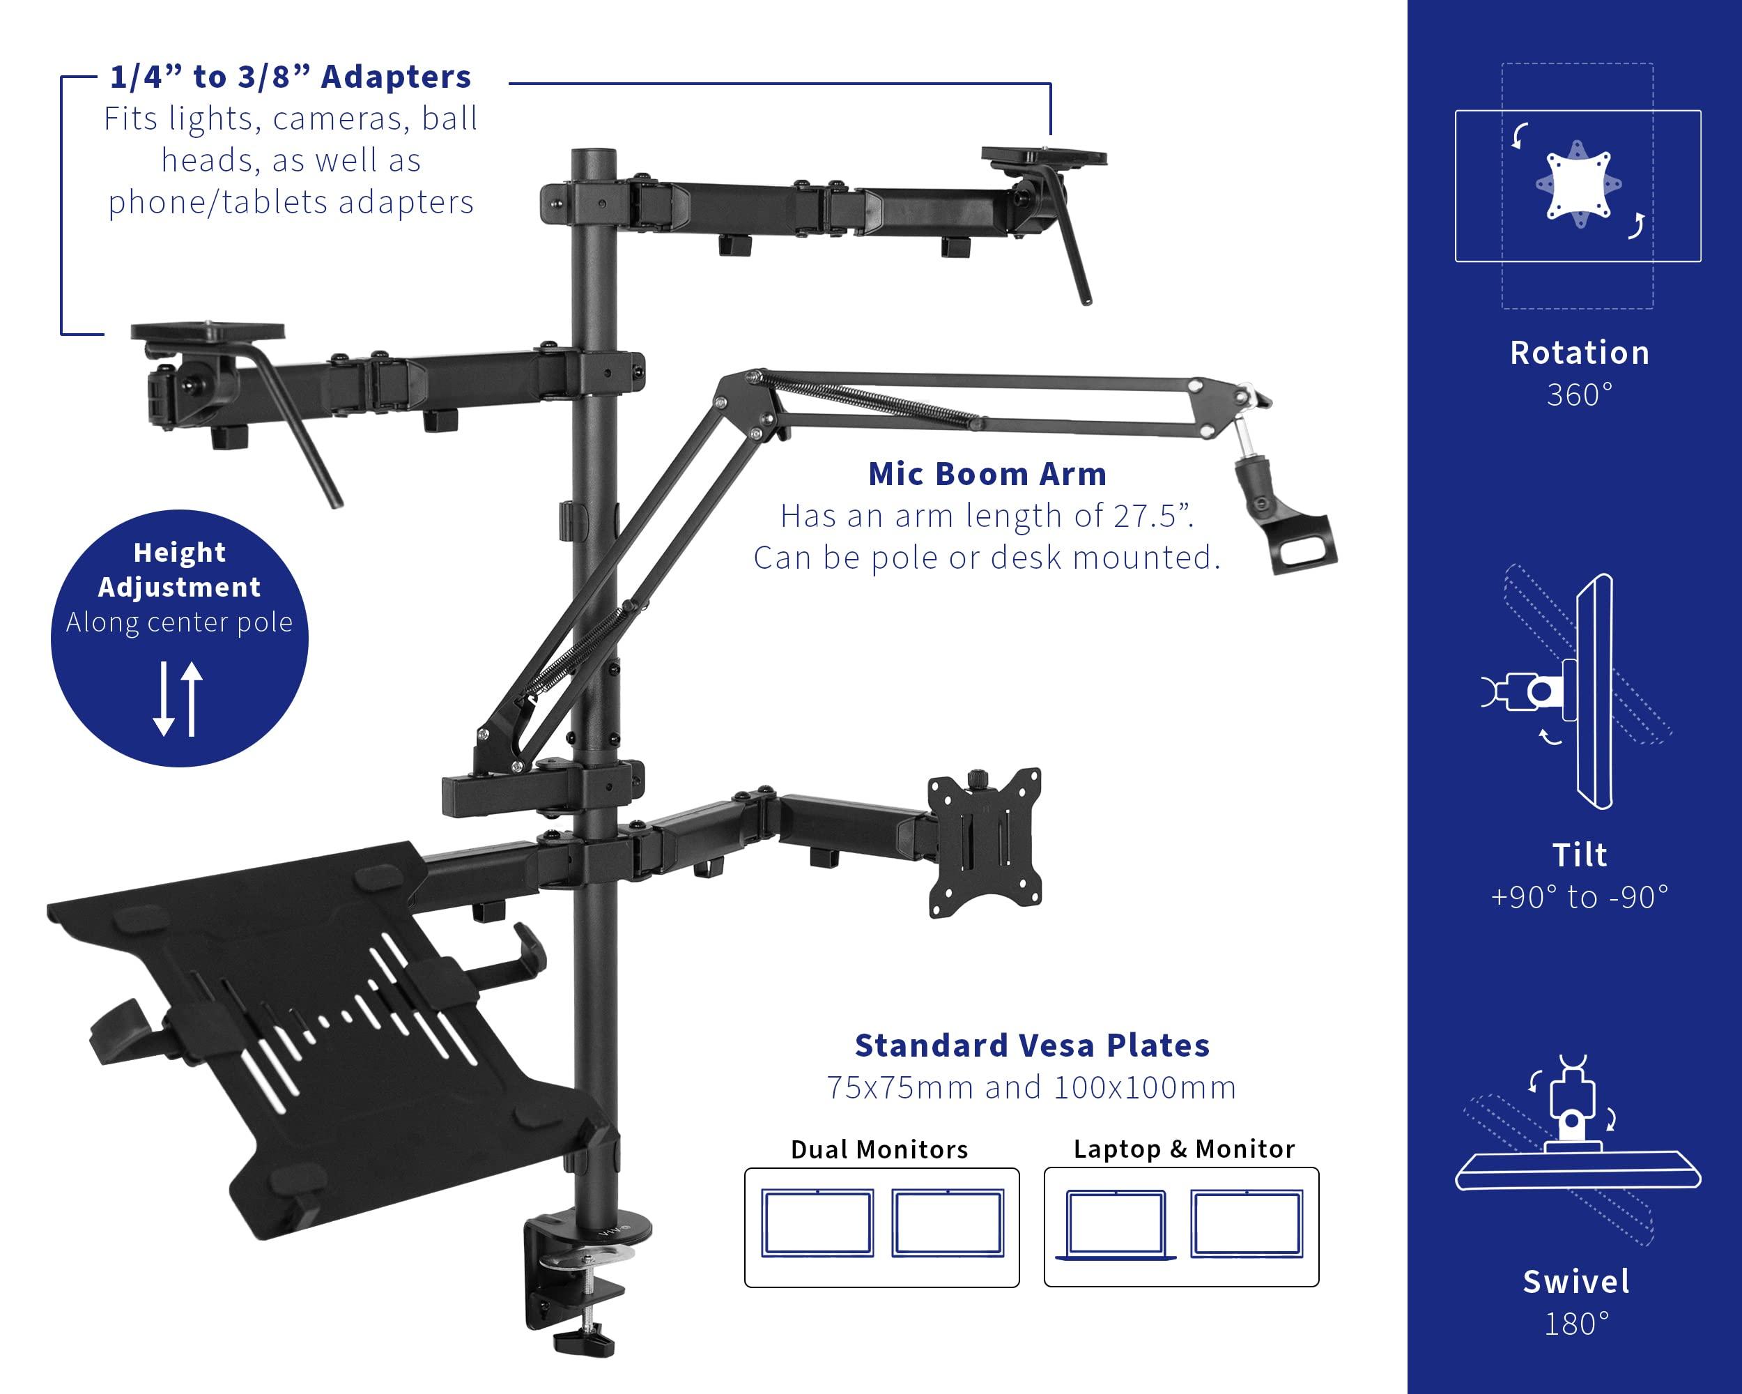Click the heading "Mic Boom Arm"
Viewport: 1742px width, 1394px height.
pyautogui.click(x=987, y=475)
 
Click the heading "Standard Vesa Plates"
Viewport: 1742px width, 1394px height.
pyautogui.click(x=1032, y=1045)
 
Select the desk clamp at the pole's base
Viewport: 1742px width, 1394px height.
pyautogui.click(x=576, y=1277)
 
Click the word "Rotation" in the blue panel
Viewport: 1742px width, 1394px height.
pyautogui.click(x=1579, y=353)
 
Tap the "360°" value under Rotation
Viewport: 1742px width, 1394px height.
pyautogui.click(x=1579, y=395)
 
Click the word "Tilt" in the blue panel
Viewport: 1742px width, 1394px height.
pyautogui.click(x=1579, y=855)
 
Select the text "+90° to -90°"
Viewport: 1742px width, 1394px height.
pyautogui.click(x=1579, y=897)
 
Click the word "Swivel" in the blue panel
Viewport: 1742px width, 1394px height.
pyautogui.click(x=1576, y=1282)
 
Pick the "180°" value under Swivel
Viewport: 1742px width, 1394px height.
pyautogui.click(x=1576, y=1324)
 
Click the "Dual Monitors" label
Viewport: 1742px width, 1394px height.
pyautogui.click(x=879, y=1149)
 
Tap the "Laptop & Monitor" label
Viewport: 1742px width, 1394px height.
pyautogui.click(x=1183, y=1149)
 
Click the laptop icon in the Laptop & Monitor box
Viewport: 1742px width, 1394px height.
pyautogui.click(x=1116, y=1225)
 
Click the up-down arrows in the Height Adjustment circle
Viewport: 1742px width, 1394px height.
pyautogui.click(x=178, y=698)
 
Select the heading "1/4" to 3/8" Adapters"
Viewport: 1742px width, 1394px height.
pyautogui.click(x=290, y=77)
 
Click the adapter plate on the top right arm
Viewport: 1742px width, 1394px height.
pyautogui.click(x=1043, y=155)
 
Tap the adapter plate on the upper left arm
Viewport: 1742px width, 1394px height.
pyautogui.click(x=208, y=330)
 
